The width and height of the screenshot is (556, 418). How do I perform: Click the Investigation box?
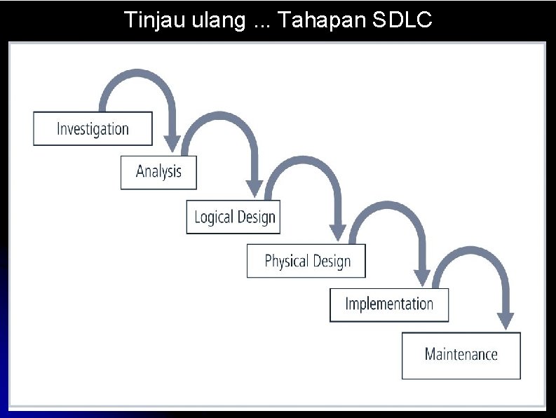coord(93,129)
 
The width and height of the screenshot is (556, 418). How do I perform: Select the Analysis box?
coord(158,172)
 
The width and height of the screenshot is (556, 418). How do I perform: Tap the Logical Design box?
coord(234,217)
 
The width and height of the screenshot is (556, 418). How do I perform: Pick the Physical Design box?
coord(306,261)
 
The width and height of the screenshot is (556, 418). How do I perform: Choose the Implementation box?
coord(389,304)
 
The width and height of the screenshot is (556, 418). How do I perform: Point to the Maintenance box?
coord(461,355)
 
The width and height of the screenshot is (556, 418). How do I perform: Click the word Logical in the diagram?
coord(213,217)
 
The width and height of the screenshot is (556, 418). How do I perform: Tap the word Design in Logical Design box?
coord(256,217)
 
